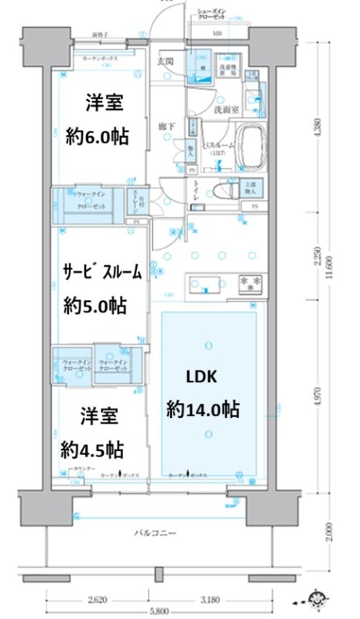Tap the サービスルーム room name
(x=101, y=271)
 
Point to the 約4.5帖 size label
(x=94, y=450)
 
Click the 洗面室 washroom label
(x=226, y=110)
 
